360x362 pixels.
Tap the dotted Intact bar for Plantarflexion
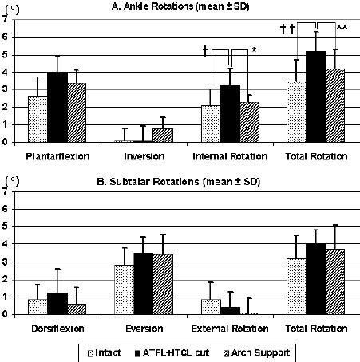38,120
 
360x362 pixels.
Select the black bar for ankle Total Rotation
316,96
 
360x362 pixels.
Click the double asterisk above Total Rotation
342,28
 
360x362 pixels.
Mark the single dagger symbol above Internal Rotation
206,51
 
